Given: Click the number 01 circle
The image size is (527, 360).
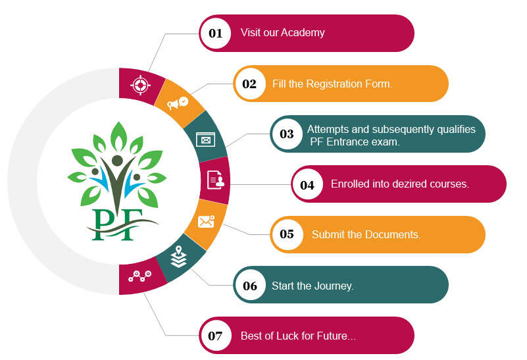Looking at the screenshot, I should click(216, 33).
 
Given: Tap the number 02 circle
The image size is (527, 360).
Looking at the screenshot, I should click(249, 84).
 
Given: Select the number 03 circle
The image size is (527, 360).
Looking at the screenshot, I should click(287, 134).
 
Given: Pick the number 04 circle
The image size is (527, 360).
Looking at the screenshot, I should click(307, 185).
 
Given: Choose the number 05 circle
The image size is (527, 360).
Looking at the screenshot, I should click(287, 234).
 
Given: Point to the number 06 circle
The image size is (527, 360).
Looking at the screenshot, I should click(250, 286).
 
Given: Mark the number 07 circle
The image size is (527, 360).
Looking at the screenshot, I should click(216, 336).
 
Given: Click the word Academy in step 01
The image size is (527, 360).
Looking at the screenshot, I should click(303, 32).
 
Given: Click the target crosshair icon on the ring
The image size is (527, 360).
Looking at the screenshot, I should click(139, 84).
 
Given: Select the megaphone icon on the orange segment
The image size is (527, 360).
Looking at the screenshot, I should click(177, 103).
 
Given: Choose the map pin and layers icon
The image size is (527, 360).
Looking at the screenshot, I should click(178, 257).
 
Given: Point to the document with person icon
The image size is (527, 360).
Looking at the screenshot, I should click(215, 179).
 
